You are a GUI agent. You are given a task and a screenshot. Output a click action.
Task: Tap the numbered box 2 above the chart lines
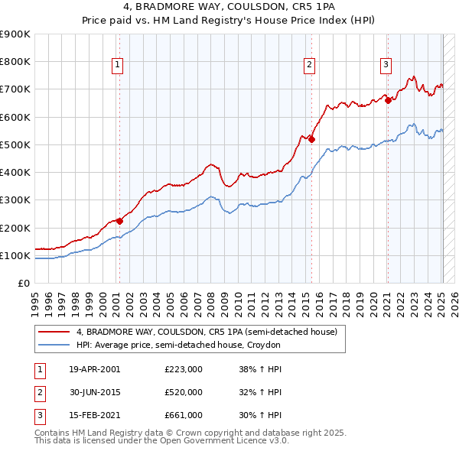point(310,66)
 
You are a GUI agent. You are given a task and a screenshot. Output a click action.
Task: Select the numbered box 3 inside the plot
point(386,66)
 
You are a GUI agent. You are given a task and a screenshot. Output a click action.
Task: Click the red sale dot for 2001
point(119,222)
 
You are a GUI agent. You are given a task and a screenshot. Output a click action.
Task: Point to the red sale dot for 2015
point(311,139)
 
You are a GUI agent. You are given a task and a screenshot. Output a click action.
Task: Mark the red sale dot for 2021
point(388,100)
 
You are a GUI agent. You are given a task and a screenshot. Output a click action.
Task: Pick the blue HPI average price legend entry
point(178,346)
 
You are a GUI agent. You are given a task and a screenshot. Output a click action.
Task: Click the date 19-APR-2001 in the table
point(94,370)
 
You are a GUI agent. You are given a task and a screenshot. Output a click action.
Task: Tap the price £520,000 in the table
point(184,392)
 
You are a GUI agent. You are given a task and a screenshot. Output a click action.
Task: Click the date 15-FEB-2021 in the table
point(94,415)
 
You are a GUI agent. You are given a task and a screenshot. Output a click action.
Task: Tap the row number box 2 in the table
point(39,392)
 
